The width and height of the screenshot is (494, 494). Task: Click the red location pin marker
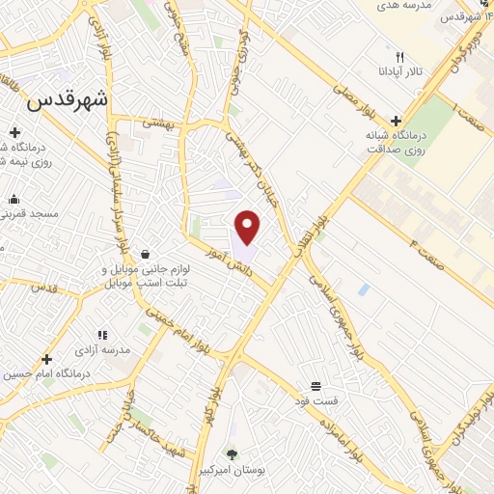(x=248, y=227)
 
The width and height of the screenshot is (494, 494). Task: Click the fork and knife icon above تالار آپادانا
(x=399, y=57)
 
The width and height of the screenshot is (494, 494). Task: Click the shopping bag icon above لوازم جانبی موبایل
(x=145, y=254)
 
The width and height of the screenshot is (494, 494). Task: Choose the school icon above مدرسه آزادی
(x=102, y=335)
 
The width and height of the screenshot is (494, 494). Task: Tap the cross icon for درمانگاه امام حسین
(x=46, y=359)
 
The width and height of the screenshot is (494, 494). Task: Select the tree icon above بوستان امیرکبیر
(x=232, y=453)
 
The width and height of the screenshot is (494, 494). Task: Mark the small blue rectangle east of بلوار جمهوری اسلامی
(x=363, y=289)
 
